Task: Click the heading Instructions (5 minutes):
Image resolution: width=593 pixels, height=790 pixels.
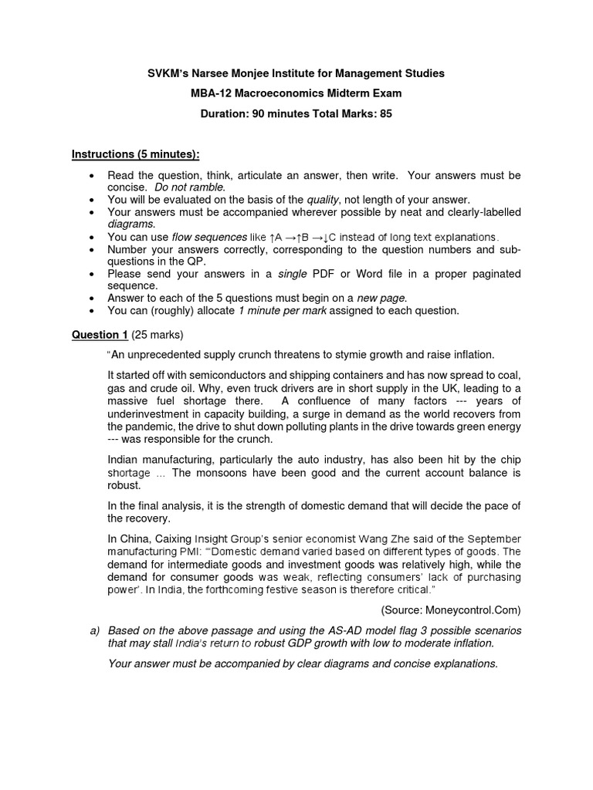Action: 135,154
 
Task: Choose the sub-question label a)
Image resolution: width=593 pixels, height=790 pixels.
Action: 95,630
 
